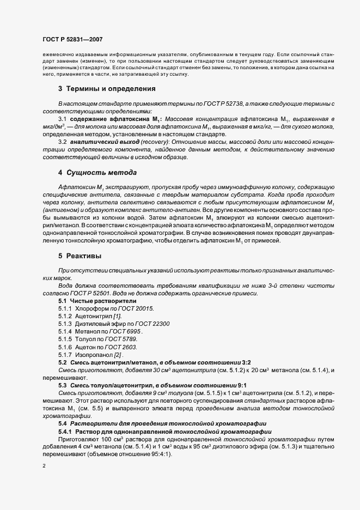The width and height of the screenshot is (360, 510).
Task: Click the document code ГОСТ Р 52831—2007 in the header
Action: pos(72,39)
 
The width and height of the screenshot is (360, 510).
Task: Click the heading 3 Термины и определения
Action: pos(107,88)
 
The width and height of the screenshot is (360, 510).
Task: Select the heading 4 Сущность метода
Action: pos(97,173)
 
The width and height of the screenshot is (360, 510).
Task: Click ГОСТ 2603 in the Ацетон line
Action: pos(123,347)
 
